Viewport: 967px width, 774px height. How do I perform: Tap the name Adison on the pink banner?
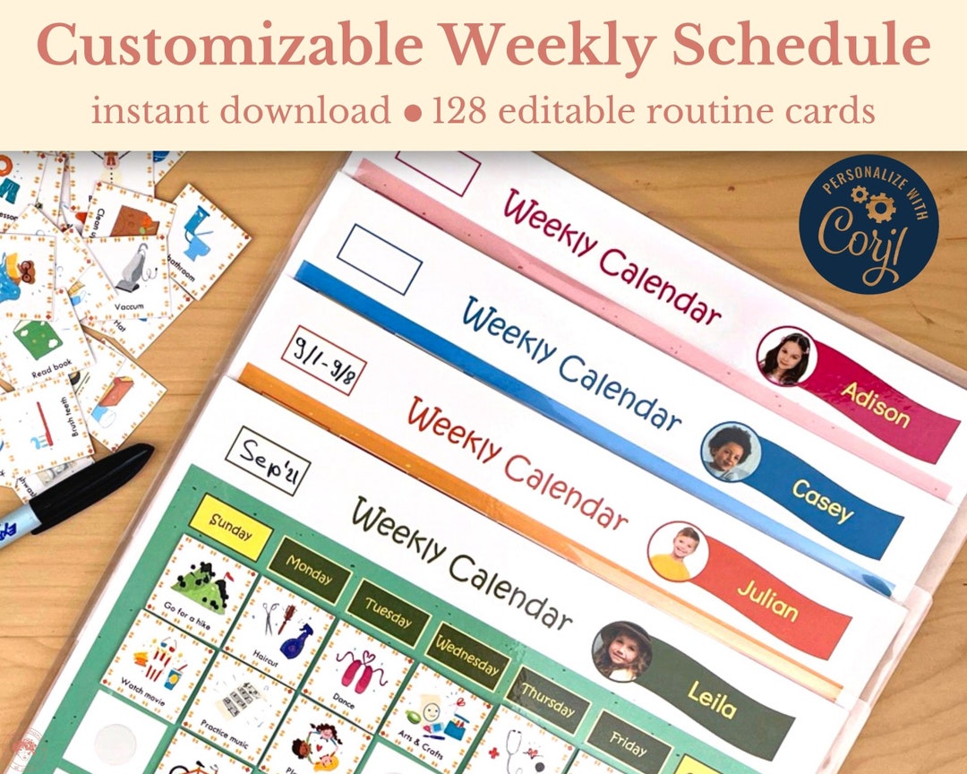(x=875, y=403)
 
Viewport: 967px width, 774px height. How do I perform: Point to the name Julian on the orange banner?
(x=767, y=599)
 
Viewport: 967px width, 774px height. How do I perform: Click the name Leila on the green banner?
(x=712, y=699)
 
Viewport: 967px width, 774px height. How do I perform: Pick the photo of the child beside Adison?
(x=786, y=356)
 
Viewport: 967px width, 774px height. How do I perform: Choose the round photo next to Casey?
(x=730, y=451)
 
